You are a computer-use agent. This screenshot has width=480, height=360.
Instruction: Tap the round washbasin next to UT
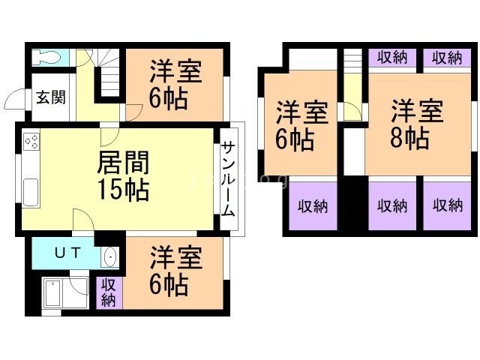109,257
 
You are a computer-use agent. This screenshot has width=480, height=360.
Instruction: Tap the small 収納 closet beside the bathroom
108,293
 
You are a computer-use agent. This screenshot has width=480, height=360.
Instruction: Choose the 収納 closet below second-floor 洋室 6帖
313,206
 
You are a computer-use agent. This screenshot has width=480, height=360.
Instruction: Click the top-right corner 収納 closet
447,58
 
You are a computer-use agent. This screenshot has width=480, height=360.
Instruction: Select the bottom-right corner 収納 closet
447,205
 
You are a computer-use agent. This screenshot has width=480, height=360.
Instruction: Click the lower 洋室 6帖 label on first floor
175,271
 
